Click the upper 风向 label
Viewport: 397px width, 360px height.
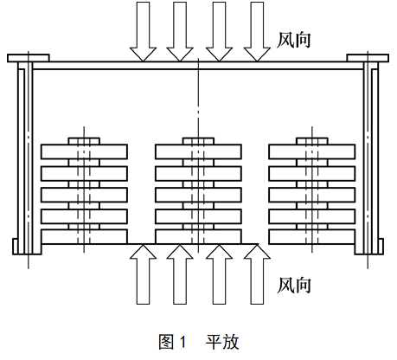coord(293,40)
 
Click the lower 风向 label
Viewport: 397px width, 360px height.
coord(293,286)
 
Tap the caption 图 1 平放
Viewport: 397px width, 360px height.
coord(199,342)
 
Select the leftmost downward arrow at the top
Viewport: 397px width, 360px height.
coord(143,32)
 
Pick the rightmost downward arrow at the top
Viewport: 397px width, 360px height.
coord(257,32)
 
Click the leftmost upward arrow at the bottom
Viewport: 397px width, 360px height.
coord(143,274)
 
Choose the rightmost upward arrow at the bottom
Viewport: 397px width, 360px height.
coord(257,274)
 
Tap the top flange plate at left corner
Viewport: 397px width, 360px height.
coord(29,58)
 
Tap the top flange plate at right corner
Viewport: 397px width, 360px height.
coord(368,58)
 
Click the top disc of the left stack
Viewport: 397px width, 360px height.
coord(84,151)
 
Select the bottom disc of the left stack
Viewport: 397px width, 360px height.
coord(84,236)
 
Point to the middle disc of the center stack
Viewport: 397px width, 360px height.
coord(198,195)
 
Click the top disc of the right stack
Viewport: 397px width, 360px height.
coord(312,151)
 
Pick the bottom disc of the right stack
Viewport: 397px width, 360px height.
coord(312,236)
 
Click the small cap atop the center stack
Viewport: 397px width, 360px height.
coord(198,141)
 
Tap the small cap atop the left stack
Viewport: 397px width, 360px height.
coord(84,141)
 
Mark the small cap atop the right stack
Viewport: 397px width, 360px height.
coord(312,141)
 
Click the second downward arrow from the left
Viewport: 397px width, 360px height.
coord(180,32)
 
